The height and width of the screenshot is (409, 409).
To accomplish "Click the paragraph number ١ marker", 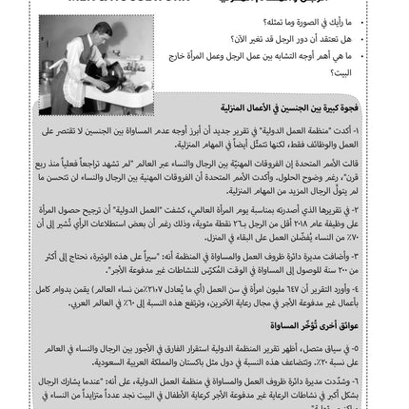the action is [391, 130].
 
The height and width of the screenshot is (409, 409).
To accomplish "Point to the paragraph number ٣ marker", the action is [391, 254].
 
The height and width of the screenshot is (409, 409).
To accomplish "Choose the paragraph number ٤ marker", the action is [391, 286].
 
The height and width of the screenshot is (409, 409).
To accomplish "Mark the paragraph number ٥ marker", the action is [391, 343].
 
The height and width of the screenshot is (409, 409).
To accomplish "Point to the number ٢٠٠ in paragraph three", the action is [376, 265].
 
